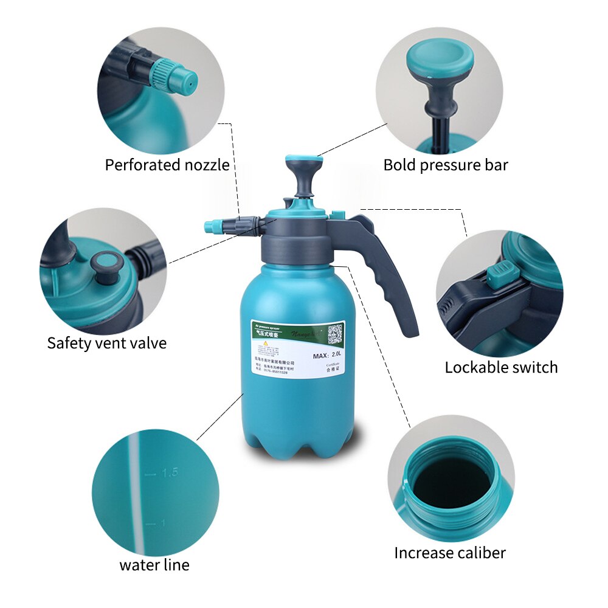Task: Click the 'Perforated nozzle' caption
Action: [167, 165]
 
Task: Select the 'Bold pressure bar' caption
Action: [445, 165]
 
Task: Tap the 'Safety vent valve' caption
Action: [106, 343]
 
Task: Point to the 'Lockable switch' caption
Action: [501, 367]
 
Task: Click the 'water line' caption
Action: [154, 565]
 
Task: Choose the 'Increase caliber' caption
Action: [450, 553]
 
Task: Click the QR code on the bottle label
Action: [335, 333]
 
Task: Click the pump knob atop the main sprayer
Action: [304, 163]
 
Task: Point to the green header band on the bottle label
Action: [286, 332]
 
